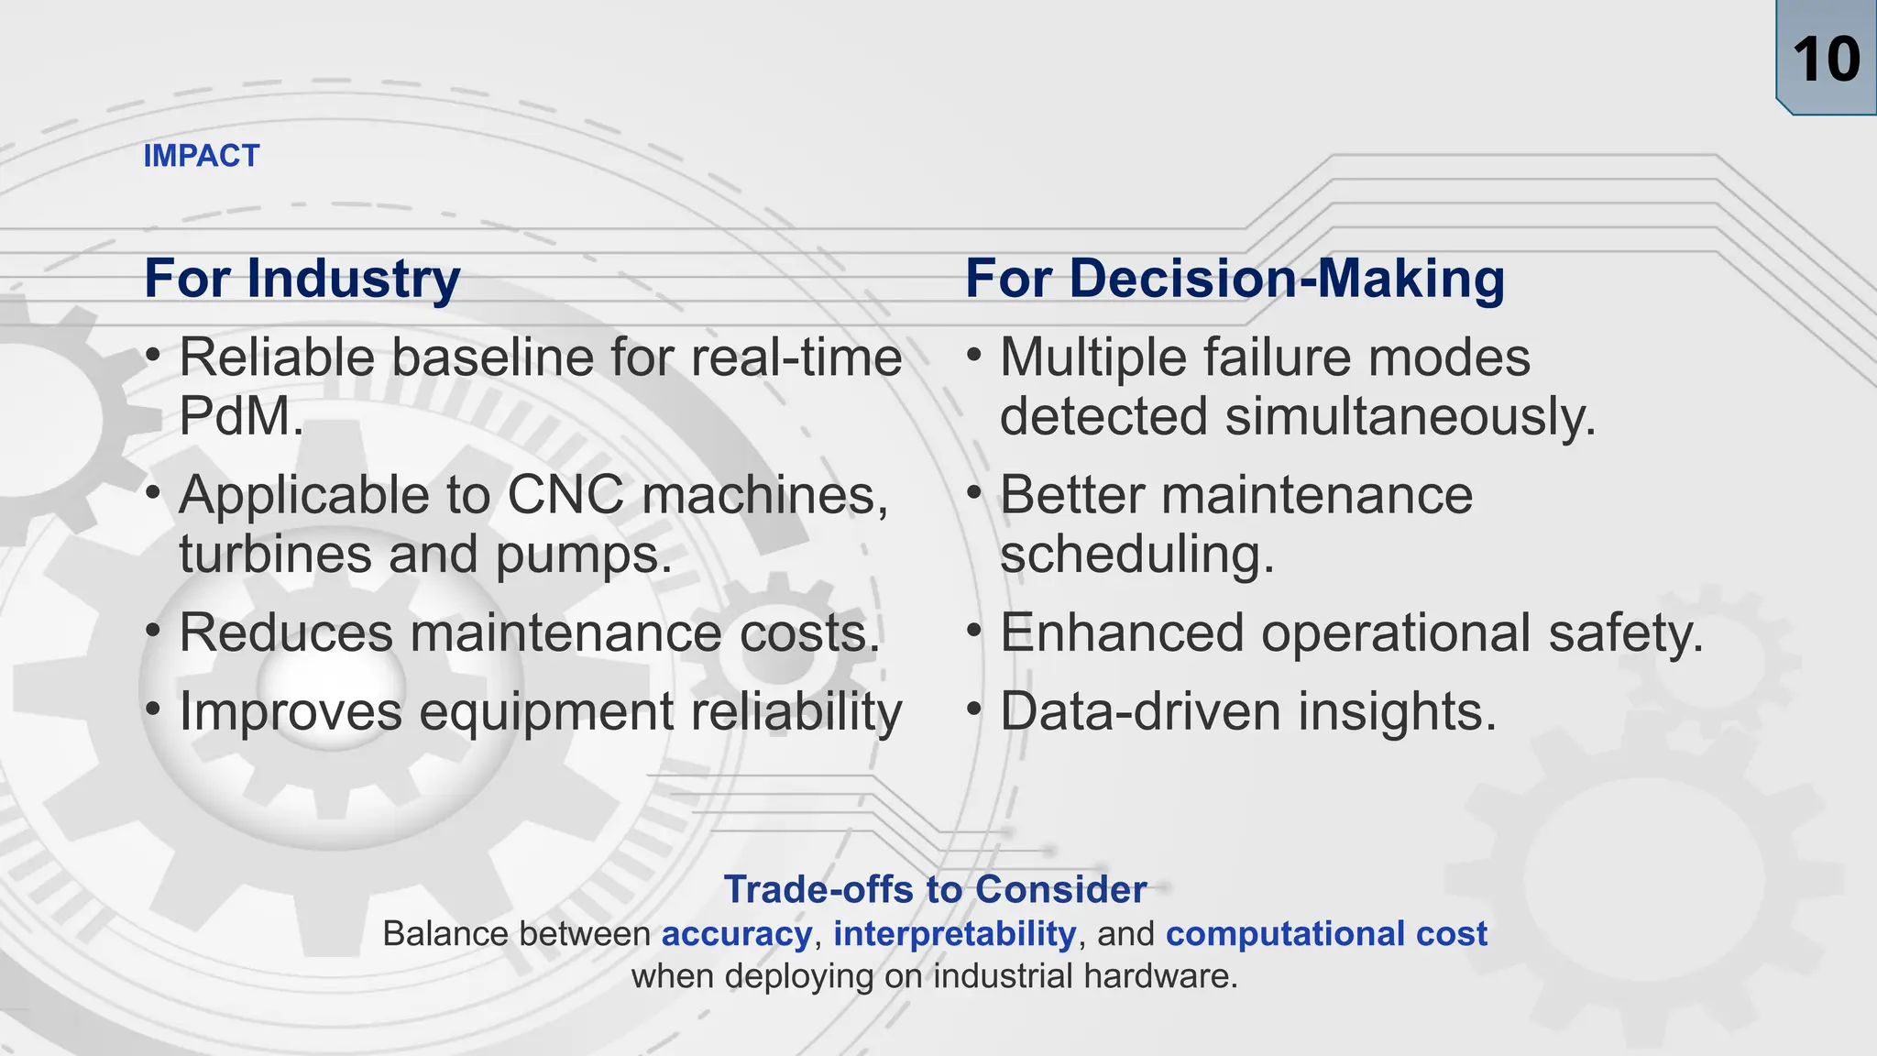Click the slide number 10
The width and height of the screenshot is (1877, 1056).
[x=1826, y=60]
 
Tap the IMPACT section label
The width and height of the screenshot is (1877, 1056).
[x=202, y=156]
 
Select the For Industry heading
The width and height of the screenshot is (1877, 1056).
[x=302, y=279]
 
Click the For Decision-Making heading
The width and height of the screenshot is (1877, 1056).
[x=1235, y=279]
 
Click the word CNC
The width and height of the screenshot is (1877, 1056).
[x=565, y=496]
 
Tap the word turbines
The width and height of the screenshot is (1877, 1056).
[x=276, y=555]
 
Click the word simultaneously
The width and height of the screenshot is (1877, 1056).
[x=1410, y=417]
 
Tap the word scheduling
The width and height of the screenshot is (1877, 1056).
[x=1136, y=555]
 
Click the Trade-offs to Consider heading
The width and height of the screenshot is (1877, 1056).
[x=935, y=889]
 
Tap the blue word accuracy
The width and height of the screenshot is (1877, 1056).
[x=737, y=934]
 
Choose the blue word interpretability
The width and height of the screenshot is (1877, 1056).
[x=954, y=934]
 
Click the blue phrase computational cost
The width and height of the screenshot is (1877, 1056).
[x=1326, y=934]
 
